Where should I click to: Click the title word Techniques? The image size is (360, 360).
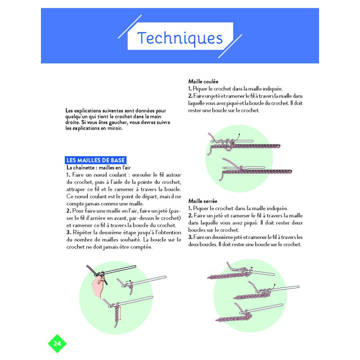(x=180, y=38)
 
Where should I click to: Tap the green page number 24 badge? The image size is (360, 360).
(x=57, y=343)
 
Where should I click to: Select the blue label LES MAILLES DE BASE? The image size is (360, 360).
(x=95, y=160)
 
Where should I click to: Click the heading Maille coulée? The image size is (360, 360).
(x=203, y=81)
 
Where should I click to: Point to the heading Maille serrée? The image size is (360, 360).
(x=203, y=201)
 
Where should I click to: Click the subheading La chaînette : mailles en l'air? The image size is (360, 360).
(x=99, y=167)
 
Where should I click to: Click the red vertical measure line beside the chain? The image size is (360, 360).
(x=120, y=313)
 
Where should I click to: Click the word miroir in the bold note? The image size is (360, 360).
(x=115, y=128)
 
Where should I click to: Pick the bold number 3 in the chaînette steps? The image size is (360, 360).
(x=68, y=232)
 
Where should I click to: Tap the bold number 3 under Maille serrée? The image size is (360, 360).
(x=190, y=237)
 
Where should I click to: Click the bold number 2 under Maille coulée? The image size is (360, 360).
(x=190, y=96)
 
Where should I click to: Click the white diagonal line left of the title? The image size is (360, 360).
(x=130, y=27)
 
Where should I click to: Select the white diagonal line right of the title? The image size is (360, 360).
(x=230, y=46)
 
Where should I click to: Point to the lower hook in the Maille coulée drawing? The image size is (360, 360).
(x=244, y=168)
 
